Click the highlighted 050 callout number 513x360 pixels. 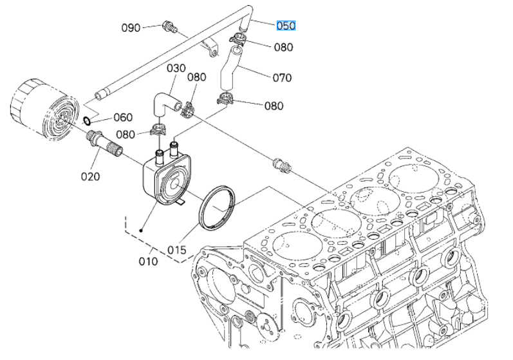[x=286, y=26]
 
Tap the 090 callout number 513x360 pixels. [x=131, y=28]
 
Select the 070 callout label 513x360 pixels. [x=282, y=78]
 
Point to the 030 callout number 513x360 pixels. [x=176, y=68]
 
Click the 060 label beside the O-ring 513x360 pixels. [x=123, y=117]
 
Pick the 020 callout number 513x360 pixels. [x=90, y=176]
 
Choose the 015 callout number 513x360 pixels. [x=176, y=250]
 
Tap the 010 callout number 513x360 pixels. [x=148, y=261]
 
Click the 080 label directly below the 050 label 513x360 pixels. [x=283, y=47]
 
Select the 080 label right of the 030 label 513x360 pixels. [x=196, y=77]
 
